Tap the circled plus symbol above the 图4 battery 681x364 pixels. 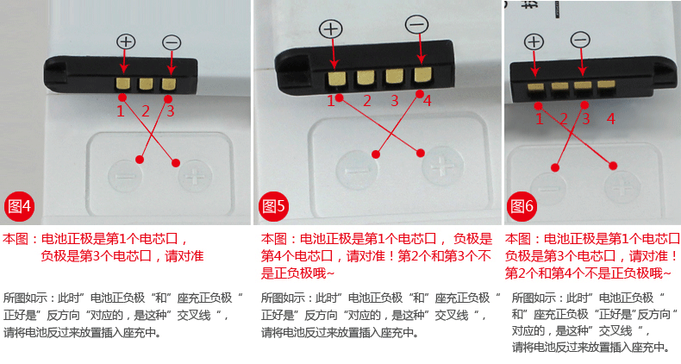tap(126, 41)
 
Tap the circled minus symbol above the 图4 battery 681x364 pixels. tap(172, 41)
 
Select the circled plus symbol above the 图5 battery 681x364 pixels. tap(330, 28)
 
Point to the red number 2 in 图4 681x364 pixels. tap(146, 110)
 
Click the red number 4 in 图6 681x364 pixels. tap(610, 119)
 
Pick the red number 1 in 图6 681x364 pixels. tap(540, 119)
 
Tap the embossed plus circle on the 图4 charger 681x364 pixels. tap(196, 178)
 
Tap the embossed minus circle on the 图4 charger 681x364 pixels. tap(125, 176)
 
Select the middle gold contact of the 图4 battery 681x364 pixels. tap(146, 84)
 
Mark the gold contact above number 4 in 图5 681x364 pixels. tap(421, 75)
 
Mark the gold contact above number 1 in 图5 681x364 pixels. tap(335, 78)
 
